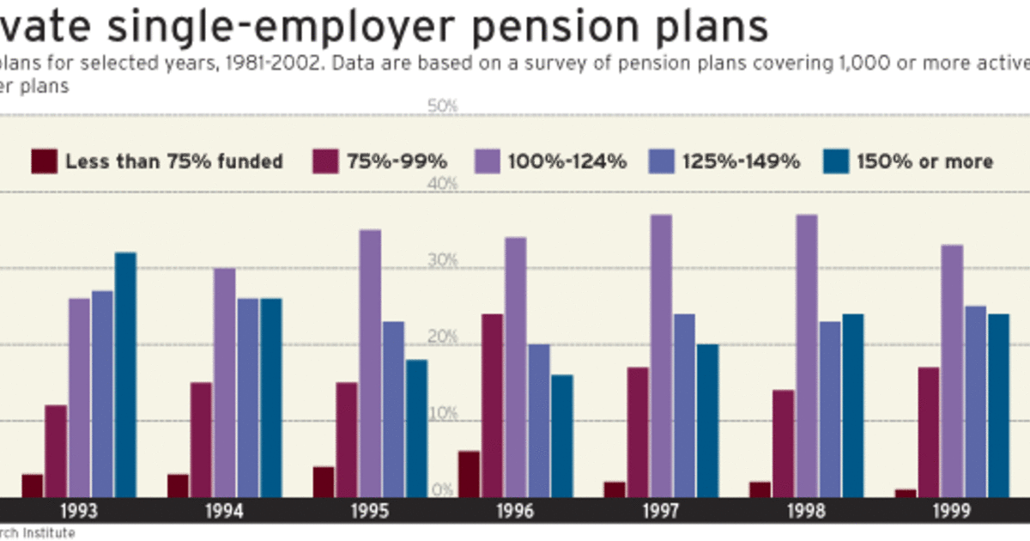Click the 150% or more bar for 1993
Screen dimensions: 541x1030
pyautogui.click(x=125, y=374)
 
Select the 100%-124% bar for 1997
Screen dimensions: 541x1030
pyautogui.click(x=660, y=356)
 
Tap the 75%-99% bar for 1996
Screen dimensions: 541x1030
pyautogui.click(x=492, y=405)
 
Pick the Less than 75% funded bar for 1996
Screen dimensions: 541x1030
pyautogui.click(x=469, y=474)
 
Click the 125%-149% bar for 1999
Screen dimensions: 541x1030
pyautogui.click(x=975, y=401)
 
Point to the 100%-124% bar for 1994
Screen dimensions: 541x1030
pyautogui.click(x=224, y=382)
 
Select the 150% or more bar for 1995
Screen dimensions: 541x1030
pyautogui.click(x=416, y=428)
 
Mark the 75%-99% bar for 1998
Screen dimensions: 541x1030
pyautogui.click(x=783, y=443)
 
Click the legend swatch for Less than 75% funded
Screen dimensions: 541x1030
pyautogui.click(x=44, y=161)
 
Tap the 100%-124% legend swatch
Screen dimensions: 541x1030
pyautogui.click(x=487, y=161)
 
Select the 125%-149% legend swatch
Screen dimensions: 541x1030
pyautogui.click(x=661, y=161)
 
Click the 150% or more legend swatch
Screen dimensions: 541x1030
pyautogui.click(x=835, y=161)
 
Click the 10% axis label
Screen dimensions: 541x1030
pyautogui.click(x=443, y=414)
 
